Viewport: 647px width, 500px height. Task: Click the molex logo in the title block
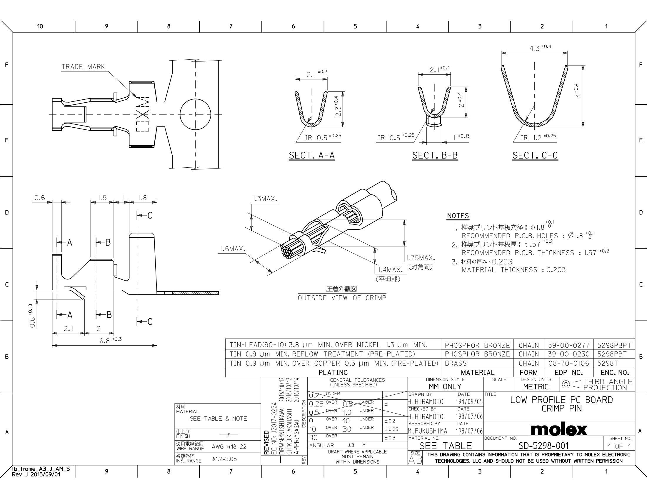click(x=559, y=429)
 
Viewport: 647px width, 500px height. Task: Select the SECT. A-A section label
click(x=312, y=156)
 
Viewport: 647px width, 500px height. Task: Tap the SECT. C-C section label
click(x=535, y=156)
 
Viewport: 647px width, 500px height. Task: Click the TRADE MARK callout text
click(x=83, y=67)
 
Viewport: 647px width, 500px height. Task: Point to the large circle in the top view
click(x=195, y=114)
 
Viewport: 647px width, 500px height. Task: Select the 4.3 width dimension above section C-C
click(x=540, y=48)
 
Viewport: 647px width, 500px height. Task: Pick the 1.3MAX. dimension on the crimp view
click(x=265, y=199)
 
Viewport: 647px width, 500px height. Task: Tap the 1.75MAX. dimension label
click(x=421, y=258)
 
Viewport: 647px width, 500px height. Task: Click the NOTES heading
click(x=458, y=216)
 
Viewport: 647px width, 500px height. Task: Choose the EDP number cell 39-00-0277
click(x=568, y=345)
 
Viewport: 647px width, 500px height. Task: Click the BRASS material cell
click(x=456, y=364)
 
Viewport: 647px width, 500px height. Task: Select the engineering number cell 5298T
click(x=608, y=364)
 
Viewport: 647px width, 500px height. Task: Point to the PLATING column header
click(x=333, y=373)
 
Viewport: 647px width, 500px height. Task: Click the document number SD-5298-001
click(x=543, y=446)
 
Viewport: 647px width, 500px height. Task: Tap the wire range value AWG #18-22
click(x=229, y=447)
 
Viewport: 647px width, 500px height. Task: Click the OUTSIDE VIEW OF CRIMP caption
click(x=342, y=298)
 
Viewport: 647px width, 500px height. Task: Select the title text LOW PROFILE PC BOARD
click(x=561, y=400)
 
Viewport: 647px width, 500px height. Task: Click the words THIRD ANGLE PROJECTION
click(x=608, y=384)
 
